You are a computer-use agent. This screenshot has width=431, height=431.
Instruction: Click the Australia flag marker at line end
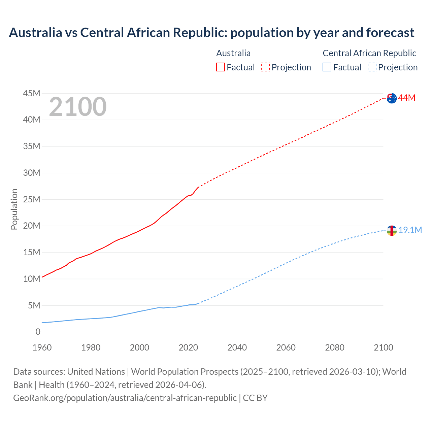coord(391,98)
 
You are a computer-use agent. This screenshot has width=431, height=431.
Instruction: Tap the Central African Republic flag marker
coord(391,231)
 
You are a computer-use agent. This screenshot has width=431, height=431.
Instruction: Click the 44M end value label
coord(407,98)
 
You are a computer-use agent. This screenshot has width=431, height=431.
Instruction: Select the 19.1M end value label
coord(410,230)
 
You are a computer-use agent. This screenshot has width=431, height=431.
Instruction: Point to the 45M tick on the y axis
coord(32,93)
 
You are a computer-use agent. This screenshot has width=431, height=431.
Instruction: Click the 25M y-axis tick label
coord(32,199)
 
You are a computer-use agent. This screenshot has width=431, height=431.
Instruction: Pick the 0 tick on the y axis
coord(38,332)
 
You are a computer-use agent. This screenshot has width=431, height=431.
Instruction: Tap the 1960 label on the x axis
coord(42,347)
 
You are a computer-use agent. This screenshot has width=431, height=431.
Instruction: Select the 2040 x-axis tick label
coord(237,347)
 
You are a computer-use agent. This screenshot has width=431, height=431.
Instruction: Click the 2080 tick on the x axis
coord(335,347)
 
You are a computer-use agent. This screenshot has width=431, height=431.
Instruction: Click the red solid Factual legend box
coord(221,67)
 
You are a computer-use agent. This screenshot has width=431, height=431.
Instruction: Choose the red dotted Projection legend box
coord(265,67)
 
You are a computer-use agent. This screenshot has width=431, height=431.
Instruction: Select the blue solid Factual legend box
coord(327,67)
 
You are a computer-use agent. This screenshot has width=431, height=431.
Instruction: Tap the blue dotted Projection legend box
coord(372,67)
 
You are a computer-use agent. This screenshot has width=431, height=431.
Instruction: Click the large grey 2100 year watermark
coord(78,107)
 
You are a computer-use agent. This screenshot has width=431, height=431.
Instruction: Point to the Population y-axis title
coord(14,209)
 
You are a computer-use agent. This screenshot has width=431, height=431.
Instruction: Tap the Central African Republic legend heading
coord(369,53)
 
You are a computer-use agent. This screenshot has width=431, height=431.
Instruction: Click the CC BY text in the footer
coord(255,398)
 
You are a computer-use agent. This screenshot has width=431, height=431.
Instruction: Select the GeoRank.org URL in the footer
coord(125,398)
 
